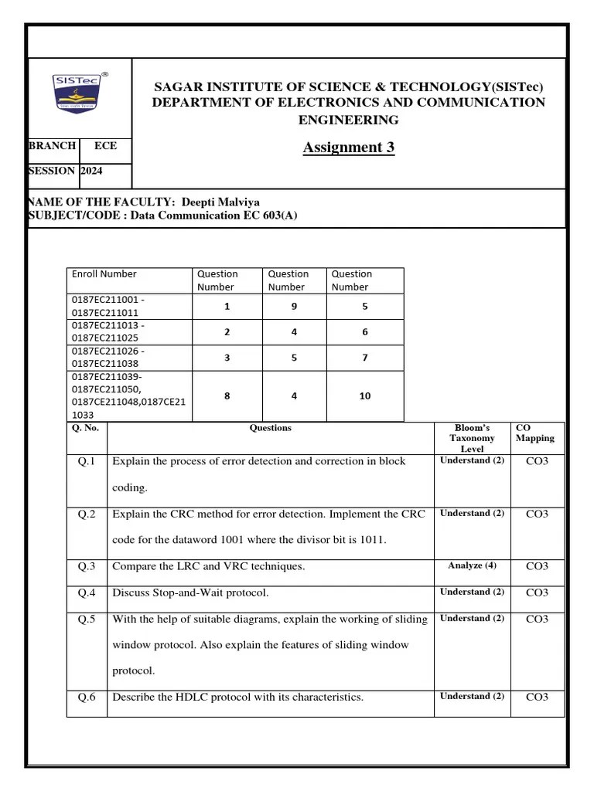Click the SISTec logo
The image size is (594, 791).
(x=80, y=93)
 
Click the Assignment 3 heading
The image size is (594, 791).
(x=348, y=148)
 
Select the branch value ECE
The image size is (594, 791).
(x=105, y=145)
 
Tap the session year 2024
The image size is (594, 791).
(x=91, y=171)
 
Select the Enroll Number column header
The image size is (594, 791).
(x=104, y=274)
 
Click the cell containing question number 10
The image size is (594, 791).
(x=364, y=395)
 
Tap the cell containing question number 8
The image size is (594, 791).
(x=227, y=395)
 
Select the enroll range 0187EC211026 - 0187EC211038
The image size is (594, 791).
(x=108, y=357)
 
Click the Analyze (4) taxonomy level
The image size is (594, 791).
(x=472, y=565)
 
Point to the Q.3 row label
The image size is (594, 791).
(x=87, y=566)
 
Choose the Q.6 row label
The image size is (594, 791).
(x=87, y=697)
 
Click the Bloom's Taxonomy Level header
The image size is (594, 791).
(x=472, y=438)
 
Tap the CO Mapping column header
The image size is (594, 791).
(x=534, y=433)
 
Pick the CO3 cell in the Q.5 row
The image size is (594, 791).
(x=537, y=619)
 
